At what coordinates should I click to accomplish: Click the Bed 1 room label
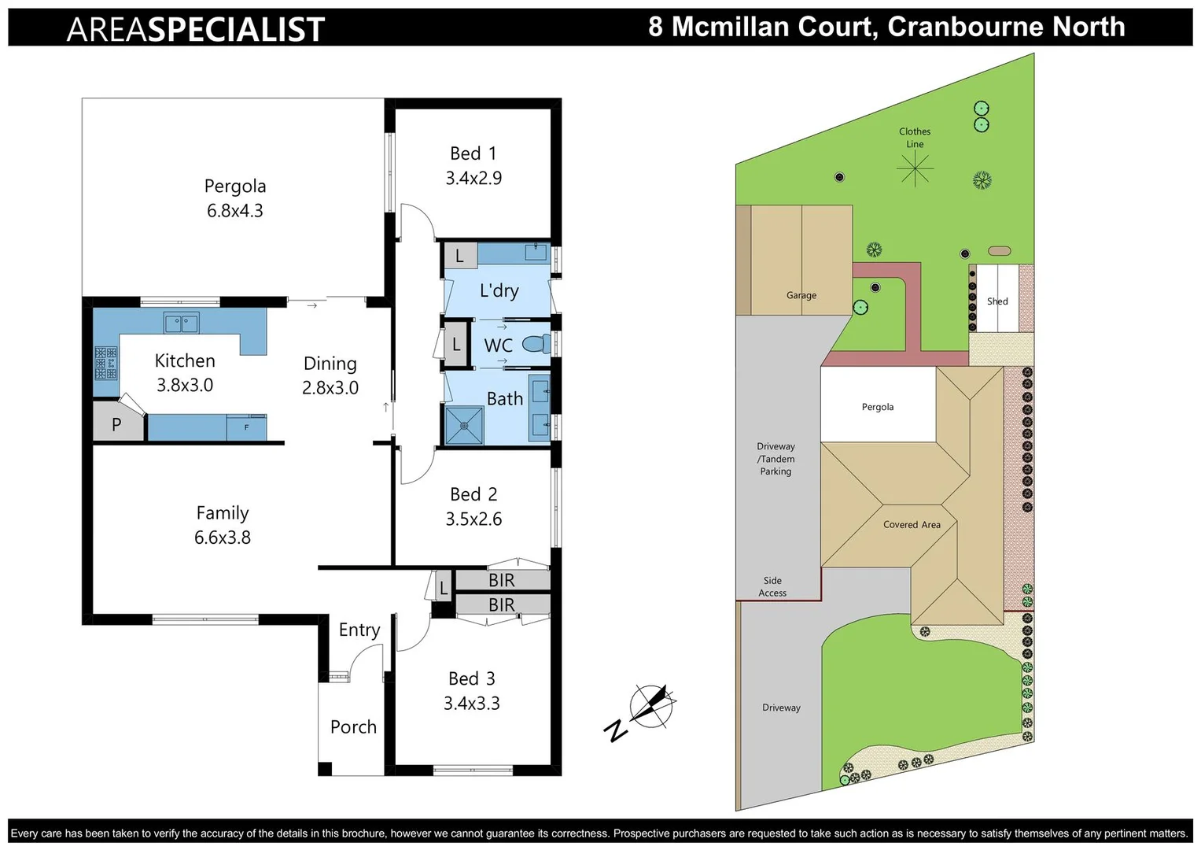point(473,153)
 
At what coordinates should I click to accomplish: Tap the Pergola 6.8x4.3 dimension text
point(234,211)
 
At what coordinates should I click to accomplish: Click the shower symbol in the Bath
point(464,425)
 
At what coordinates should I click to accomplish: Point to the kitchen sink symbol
point(181,323)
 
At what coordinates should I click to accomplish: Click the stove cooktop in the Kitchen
point(106,363)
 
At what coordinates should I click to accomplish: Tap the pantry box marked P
point(117,425)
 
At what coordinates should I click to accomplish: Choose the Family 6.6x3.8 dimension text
point(223,538)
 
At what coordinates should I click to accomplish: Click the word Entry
point(359,630)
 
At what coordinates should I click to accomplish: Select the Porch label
point(353,727)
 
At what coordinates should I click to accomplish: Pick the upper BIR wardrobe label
point(502,580)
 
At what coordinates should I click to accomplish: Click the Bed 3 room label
point(472,678)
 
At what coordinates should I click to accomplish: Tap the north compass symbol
point(650,706)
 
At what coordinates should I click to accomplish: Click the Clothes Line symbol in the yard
point(915,168)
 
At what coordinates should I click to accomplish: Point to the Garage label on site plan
point(801,295)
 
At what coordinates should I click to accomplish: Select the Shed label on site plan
point(997,301)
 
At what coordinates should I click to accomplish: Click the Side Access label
point(772,587)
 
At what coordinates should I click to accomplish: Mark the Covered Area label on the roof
point(912,525)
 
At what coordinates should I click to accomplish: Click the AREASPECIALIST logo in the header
point(196,29)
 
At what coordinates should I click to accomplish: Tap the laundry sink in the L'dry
point(536,253)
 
